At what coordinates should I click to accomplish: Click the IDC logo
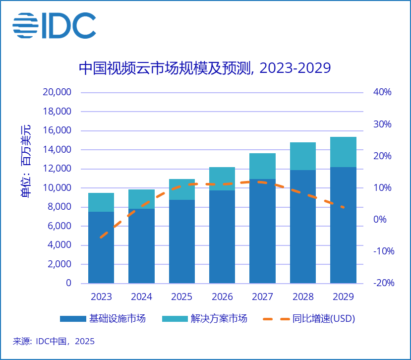54,25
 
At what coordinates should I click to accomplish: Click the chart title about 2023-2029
204,68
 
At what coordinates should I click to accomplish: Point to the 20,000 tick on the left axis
59,93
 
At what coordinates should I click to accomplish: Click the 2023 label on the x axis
101,298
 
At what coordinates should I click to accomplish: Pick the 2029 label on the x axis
343,298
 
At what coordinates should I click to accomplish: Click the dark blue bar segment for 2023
101,248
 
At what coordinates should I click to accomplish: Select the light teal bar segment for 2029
343,152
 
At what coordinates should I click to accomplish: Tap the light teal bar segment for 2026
222,179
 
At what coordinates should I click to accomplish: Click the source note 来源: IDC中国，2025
54,341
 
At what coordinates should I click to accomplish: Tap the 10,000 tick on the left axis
59,188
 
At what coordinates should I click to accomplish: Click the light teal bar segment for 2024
141,199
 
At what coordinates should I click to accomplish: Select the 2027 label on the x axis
262,298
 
